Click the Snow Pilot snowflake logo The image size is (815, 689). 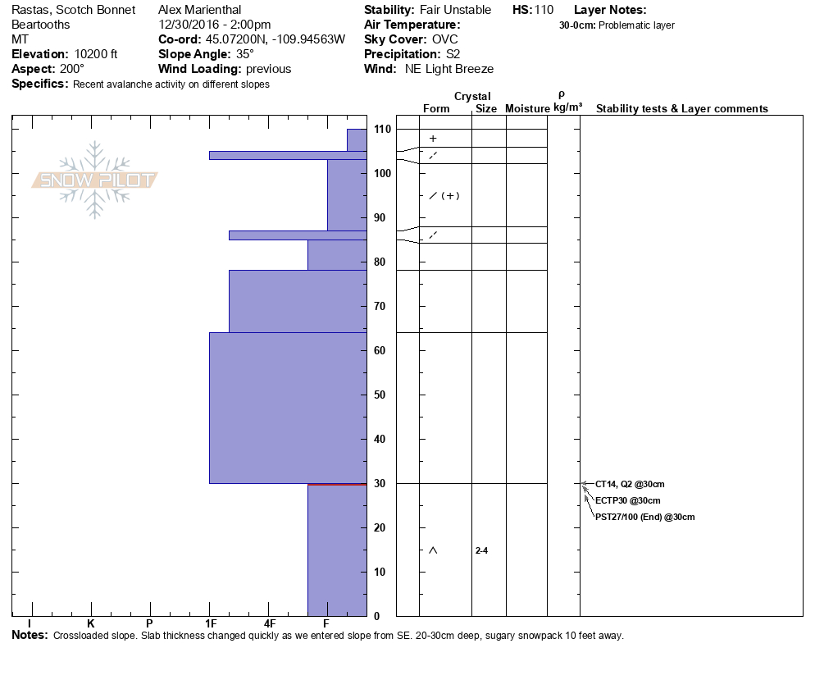click(95, 180)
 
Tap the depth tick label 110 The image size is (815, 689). click(381, 130)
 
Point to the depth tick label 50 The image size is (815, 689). click(381, 395)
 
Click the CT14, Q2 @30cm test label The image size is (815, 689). click(630, 484)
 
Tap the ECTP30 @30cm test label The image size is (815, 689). click(627, 500)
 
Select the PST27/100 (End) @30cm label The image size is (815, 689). click(644, 517)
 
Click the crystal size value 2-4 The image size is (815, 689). click(481, 550)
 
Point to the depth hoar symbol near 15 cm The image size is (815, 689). click(433, 550)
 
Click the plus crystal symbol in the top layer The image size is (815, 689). click(433, 139)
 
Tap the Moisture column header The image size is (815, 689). click(527, 109)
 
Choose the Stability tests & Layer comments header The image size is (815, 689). click(681, 109)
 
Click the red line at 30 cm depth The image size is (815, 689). click(337, 484)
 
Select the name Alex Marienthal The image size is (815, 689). click(199, 10)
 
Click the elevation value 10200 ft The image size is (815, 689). click(95, 54)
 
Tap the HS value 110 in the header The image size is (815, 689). click(544, 10)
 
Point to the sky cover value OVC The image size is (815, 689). click(445, 39)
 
